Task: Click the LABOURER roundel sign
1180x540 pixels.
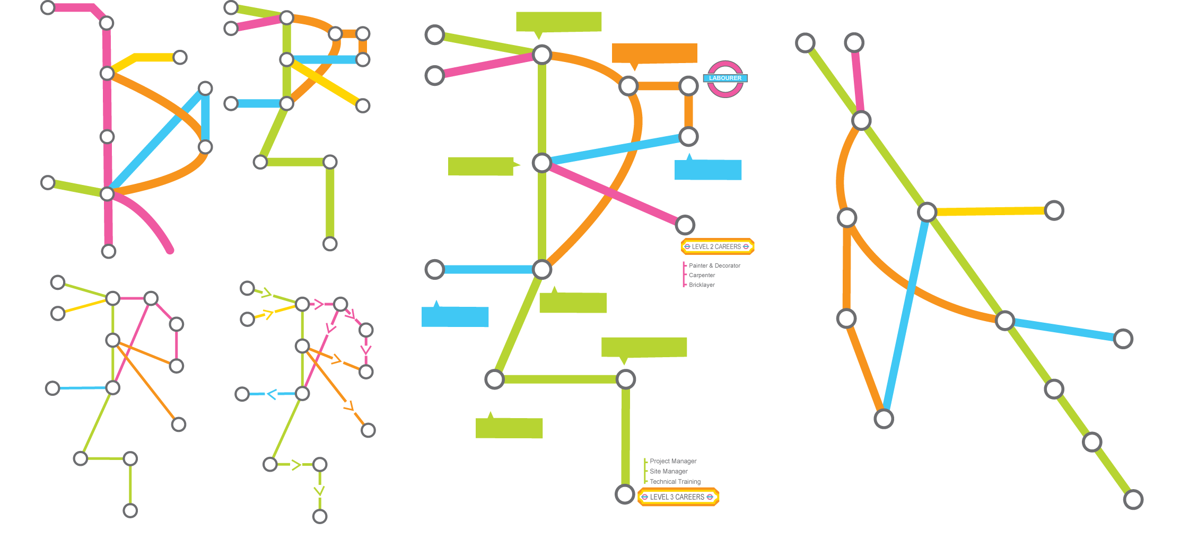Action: tap(725, 78)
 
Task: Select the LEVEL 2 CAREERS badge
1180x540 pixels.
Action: tap(717, 246)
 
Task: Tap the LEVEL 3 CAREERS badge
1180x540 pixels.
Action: tap(678, 497)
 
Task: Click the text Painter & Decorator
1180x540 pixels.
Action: tap(714, 265)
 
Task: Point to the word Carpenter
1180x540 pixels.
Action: tap(702, 275)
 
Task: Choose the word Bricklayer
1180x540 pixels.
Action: tap(702, 285)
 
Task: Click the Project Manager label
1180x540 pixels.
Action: tap(673, 461)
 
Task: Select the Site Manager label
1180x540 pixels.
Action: tap(668, 471)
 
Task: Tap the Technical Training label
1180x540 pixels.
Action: tap(675, 482)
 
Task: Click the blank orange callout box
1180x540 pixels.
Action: tap(654, 53)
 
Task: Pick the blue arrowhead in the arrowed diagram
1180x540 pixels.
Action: tap(272, 394)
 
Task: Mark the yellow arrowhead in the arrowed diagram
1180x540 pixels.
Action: tap(268, 314)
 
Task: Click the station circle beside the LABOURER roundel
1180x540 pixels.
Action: tap(688, 86)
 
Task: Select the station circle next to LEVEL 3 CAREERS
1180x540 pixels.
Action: tap(625, 494)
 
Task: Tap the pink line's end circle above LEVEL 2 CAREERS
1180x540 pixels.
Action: tap(685, 225)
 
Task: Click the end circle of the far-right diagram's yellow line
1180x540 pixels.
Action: tap(1054, 210)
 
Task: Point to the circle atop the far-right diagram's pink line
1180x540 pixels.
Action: tap(854, 42)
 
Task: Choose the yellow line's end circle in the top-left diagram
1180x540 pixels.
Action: tap(180, 57)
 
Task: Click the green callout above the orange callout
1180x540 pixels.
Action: tap(558, 22)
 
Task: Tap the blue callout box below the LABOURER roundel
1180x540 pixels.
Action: tap(707, 170)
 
